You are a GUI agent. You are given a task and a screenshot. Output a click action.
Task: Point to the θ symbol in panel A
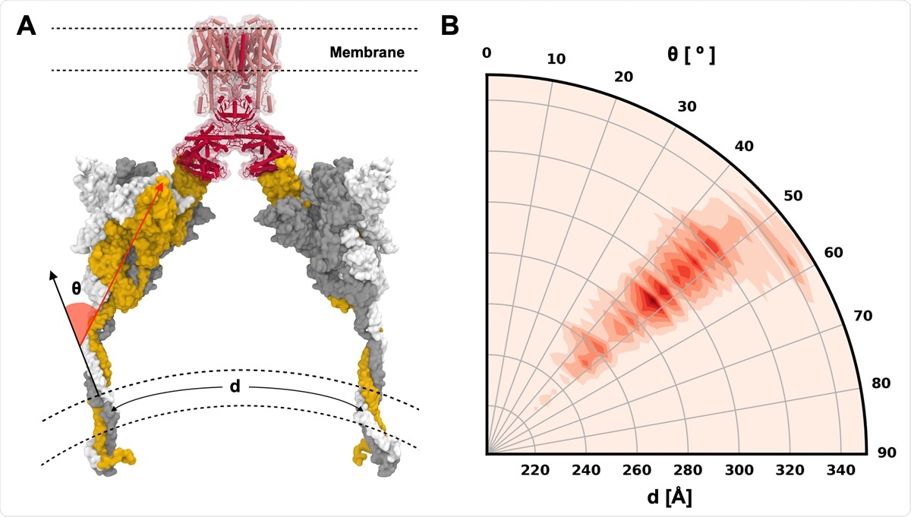76,288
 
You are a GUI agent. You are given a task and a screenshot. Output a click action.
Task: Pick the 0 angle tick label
487,52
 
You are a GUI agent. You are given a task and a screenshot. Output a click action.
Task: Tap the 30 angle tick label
686,107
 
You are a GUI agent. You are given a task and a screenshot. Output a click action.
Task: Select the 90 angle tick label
886,453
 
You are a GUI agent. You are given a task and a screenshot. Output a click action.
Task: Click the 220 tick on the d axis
535,469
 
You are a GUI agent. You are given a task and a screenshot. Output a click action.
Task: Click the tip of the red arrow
164,178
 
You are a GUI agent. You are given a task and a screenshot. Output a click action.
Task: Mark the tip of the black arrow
51,270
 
